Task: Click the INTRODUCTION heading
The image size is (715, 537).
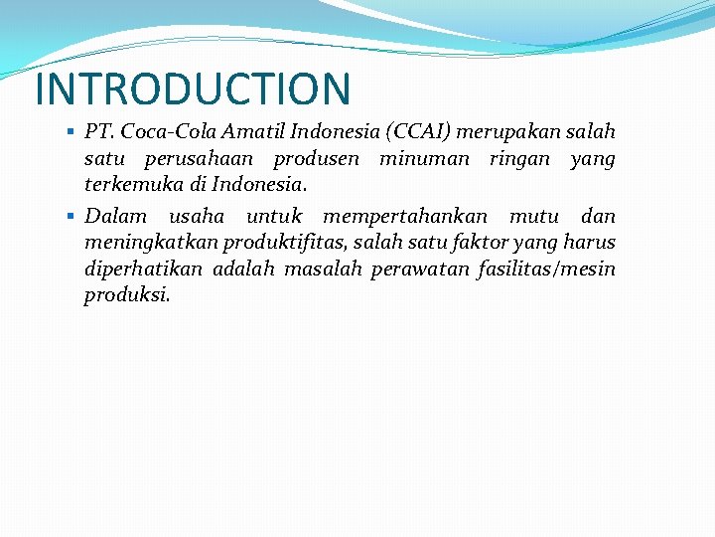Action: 193,89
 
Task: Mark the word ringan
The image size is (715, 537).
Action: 519,160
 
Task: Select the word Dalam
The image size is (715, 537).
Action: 115,216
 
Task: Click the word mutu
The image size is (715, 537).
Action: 534,216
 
